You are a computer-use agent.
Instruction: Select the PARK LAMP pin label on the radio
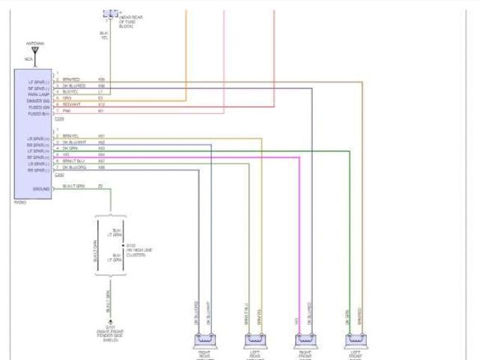tap(38, 94)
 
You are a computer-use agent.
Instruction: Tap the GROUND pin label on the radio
tap(41, 189)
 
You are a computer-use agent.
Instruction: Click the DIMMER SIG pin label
tap(38, 100)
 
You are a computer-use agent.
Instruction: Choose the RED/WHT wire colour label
tap(70, 105)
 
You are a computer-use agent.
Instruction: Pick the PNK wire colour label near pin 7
tap(66, 110)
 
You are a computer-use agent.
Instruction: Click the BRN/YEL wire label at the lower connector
tap(70, 136)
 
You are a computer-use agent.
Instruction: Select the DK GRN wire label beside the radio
tap(70, 148)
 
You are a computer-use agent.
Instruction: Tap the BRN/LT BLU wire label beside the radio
tap(73, 160)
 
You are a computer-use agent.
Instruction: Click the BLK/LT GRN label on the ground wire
tap(73, 185)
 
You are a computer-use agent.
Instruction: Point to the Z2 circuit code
tap(100, 185)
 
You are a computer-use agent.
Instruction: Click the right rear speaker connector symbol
tap(203, 339)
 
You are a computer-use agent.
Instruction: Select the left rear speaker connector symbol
tap(255, 339)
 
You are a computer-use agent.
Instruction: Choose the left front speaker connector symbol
tap(355, 339)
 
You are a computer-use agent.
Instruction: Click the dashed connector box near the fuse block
tap(111, 14)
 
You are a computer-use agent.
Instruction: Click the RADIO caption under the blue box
tap(20, 202)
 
